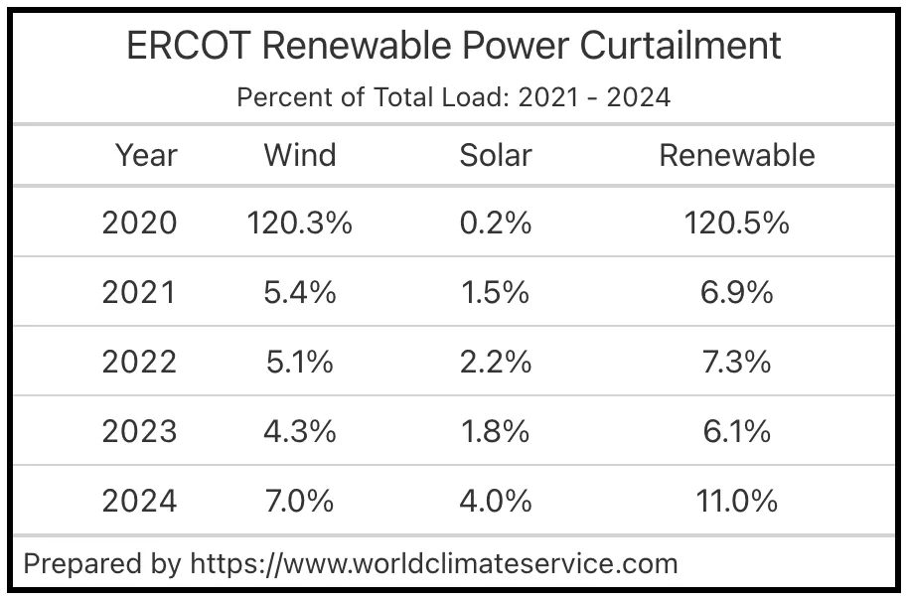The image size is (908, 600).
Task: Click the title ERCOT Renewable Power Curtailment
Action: pyautogui.click(x=454, y=46)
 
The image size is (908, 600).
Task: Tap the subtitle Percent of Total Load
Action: pyautogui.click(x=454, y=97)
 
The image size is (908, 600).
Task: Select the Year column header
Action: pyautogui.click(x=146, y=155)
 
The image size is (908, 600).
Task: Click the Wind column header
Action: pyautogui.click(x=300, y=155)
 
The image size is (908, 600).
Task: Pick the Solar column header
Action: pyautogui.click(x=496, y=155)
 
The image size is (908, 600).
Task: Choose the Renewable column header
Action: pyautogui.click(x=737, y=155)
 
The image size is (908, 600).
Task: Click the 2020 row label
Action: pyautogui.click(x=139, y=223)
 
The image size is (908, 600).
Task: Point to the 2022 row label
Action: pyautogui.click(x=139, y=362)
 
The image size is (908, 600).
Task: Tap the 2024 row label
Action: pyautogui.click(x=139, y=501)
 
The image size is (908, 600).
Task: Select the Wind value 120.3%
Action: pyautogui.click(x=300, y=223)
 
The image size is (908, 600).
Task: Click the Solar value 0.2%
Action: pyautogui.click(x=496, y=223)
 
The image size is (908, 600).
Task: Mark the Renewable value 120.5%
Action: pyautogui.click(x=737, y=223)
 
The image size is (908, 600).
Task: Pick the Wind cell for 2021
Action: pyautogui.click(x=300, y=292)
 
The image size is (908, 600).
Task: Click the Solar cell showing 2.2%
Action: pyautogui.click(x=496, y=362)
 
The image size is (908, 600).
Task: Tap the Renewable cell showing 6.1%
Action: pyautogui.click(x=737, y=431)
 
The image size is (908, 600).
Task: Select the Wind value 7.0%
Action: pyautogui.click(x=300, y=501)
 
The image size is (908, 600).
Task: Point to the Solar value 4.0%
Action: pyautogui.click(x=496, y=501)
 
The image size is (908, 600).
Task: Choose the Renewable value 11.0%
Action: pyautogui.click(x=737, y=501)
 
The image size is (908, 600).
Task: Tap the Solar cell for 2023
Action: pyautogui.click(x=496, y=431)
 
